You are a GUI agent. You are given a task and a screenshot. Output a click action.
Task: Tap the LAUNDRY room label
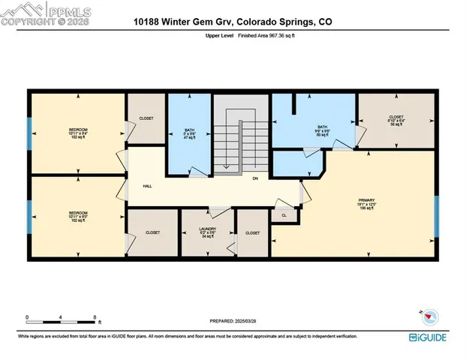pyautogui.click(x=208, y=232)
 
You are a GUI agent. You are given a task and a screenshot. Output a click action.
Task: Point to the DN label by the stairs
pyautogui.click(x=255, y=178)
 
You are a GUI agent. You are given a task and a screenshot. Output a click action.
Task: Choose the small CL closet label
pyautogui.click(x=284, y=215)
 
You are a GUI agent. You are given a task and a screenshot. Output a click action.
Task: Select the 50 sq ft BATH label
pyautogui.click(x=323, y=130)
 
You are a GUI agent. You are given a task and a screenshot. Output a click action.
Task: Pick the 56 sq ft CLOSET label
pyautogui.click(x=395, y=121)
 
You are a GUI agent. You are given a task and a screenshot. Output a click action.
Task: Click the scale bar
pyautogui.click(x=61, y=322)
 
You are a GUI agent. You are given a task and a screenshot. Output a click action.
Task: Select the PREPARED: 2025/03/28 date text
pyautogui.click(x=232, y=320)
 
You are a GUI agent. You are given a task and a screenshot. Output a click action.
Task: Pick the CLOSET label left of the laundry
pyautogui.click(x=152, y=232)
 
